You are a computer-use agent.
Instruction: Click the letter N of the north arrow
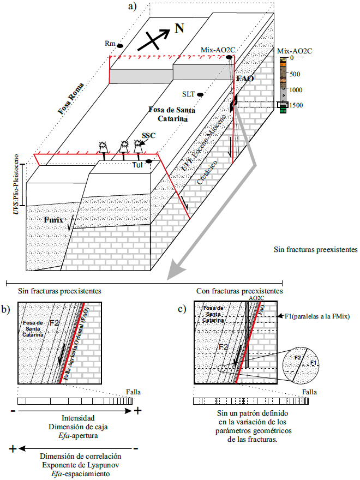point(178,28)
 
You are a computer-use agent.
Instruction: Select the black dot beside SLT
point(201,94)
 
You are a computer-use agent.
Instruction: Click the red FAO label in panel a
point(245,79)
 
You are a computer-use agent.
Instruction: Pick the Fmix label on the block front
point(53,220)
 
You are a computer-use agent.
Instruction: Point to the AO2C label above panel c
point(256,298)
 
